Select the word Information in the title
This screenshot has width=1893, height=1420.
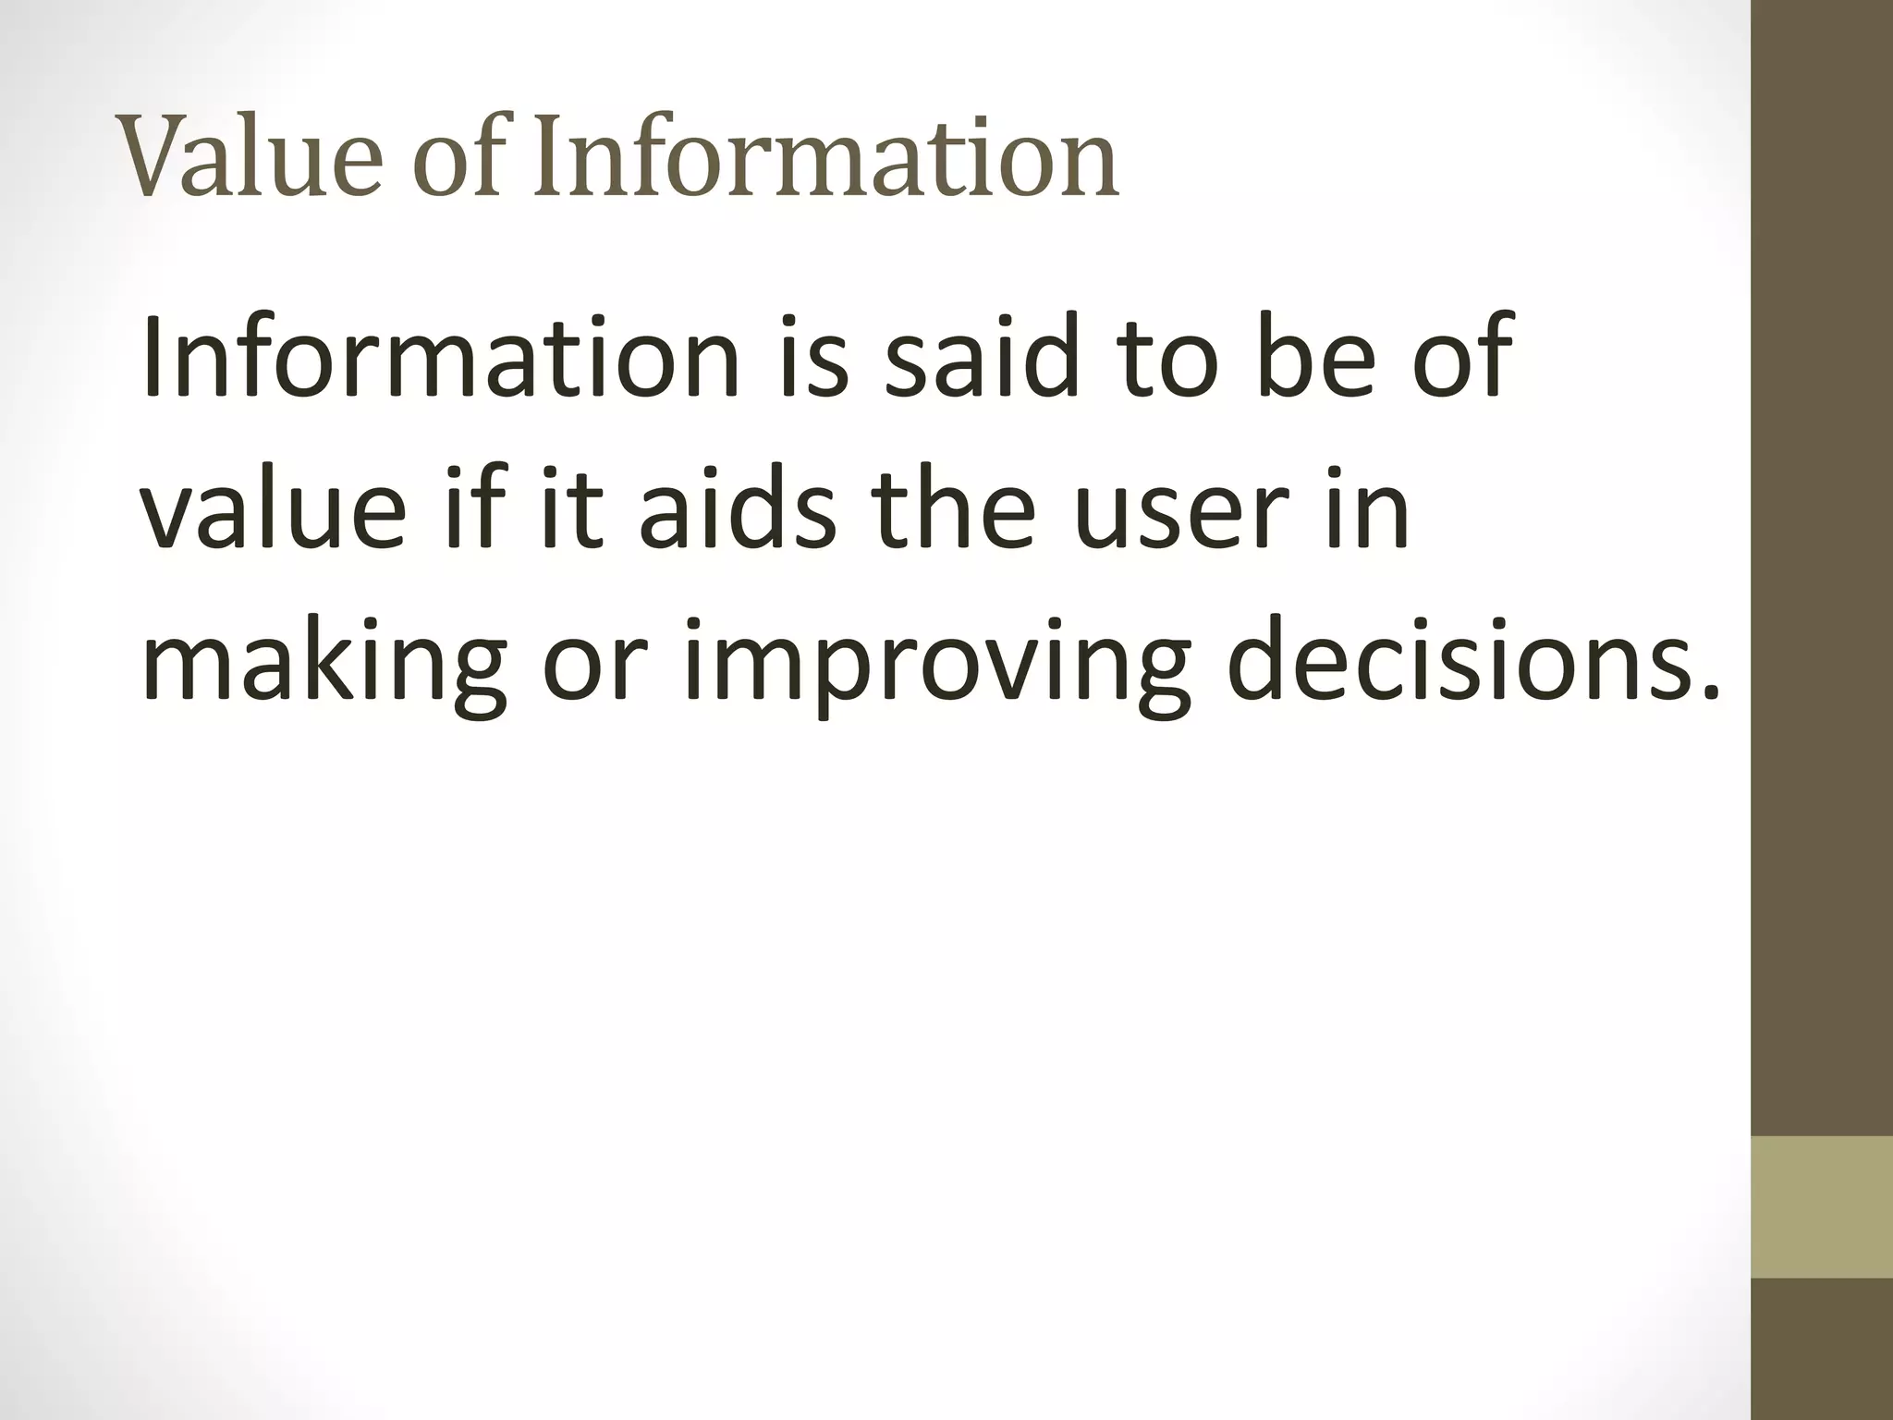pyautogui.click(x=826, y=157)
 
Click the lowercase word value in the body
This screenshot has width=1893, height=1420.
pyautogui.click(x=274, y=508)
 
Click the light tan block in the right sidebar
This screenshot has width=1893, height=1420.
pyautogui.click(x=1822, y=1206)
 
